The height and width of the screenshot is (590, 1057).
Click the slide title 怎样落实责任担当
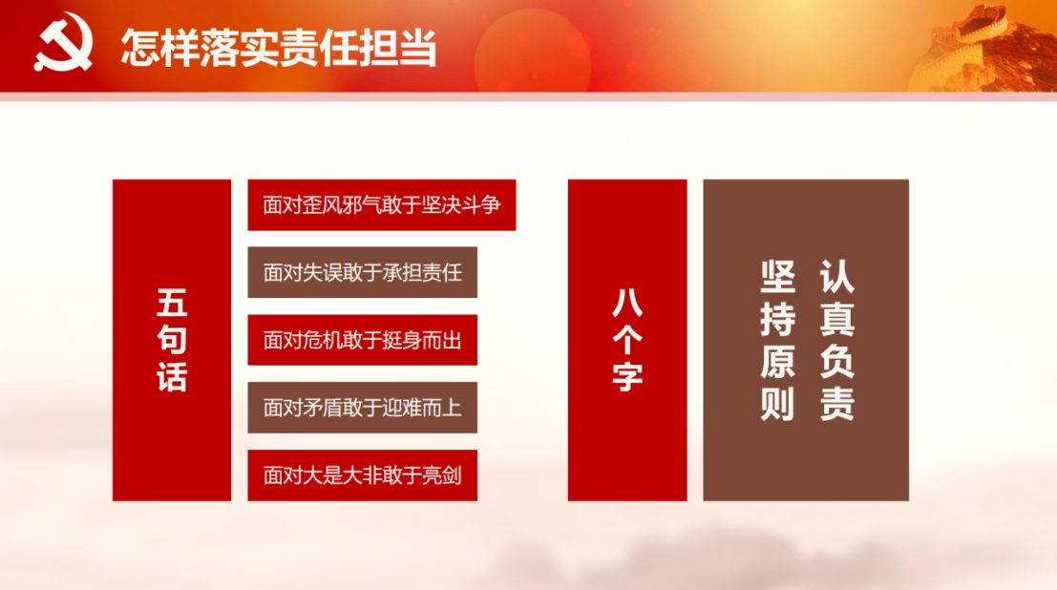point(279,48)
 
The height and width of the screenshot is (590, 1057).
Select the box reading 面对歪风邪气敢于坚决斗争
point(382,205)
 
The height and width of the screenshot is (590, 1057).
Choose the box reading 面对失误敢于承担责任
point(362,272)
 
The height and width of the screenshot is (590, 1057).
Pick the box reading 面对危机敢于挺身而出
point(362,340)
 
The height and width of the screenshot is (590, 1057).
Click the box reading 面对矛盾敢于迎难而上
point(362,408)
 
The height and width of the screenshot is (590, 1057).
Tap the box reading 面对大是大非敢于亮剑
point(362,475)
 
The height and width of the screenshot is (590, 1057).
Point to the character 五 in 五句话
point(172,303)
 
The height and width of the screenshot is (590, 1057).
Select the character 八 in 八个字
point(627,303)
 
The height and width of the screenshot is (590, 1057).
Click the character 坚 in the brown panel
point(777,277)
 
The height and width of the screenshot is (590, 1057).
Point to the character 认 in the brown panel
point(837,277)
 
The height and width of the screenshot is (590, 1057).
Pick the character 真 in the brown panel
point(837,319)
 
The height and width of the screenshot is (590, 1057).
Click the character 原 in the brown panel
point(777,362)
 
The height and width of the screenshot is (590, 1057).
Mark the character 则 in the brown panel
point(777,404)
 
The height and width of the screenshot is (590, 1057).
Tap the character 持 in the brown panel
point(777,319)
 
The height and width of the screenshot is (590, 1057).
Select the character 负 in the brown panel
point(837,362)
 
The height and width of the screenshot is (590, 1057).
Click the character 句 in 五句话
point(172,340)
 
